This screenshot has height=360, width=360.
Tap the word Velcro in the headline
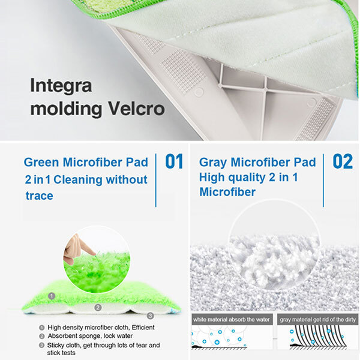point(136,109)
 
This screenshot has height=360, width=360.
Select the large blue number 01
point(174,161)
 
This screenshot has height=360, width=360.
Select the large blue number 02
point(343,161)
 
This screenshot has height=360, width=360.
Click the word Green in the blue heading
point(41,163)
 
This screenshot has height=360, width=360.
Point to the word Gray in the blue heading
point(213,163)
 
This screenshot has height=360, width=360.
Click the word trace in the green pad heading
point(39,196)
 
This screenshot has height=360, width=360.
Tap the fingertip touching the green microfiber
point(94,253)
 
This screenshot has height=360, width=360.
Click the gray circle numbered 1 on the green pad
point(52,296)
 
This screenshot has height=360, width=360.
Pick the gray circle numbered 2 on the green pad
point(98,307)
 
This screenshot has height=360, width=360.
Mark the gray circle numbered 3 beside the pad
point(150,316)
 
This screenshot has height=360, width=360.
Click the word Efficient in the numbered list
point(143,328)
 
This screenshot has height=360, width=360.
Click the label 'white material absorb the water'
point(232,319)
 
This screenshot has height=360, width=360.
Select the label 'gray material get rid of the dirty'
point(318,319)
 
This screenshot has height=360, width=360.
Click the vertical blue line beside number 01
point(156,181)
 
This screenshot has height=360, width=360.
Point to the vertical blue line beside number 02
point(323,181)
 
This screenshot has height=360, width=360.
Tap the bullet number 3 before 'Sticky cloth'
point(41,345)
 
